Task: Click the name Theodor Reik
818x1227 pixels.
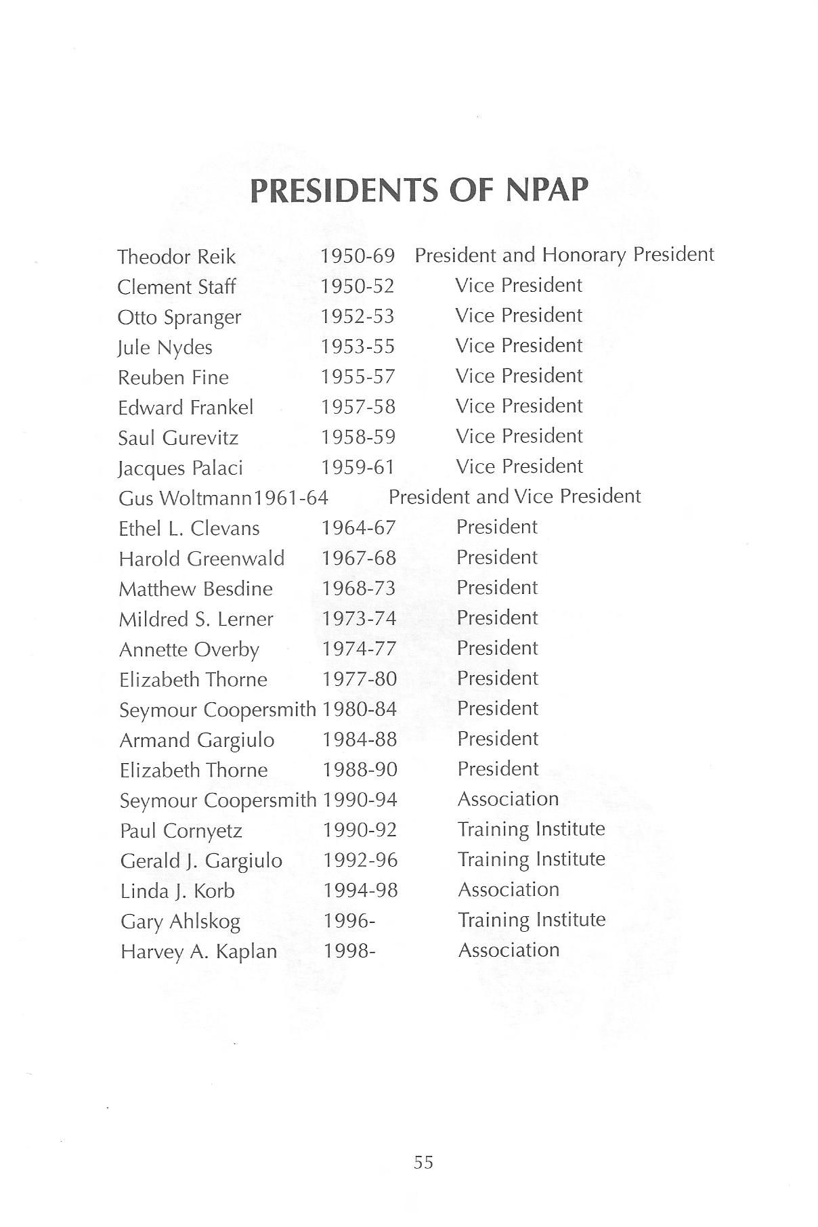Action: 177,257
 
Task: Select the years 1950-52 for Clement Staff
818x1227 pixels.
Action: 358,286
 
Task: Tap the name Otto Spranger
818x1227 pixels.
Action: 179,318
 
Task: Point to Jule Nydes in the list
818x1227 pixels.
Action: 165,347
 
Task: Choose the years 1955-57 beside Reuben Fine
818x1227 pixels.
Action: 358,376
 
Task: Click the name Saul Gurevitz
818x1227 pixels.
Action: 178,438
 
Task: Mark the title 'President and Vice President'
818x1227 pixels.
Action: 515,496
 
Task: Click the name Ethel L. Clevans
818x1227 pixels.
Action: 189,528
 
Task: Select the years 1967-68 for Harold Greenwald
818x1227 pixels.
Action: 359,558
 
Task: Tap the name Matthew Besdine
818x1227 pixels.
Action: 196,588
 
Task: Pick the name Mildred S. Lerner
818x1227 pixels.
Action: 196,619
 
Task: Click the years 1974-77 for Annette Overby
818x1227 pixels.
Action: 359,649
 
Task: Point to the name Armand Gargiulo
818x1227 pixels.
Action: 197,740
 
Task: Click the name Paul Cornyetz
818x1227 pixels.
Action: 181,831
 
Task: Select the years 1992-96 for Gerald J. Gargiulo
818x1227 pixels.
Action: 360,860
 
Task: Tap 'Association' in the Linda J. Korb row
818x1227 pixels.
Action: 509,889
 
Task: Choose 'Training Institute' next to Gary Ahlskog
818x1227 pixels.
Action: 532,920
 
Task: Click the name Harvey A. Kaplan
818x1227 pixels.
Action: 198,951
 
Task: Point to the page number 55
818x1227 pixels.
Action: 423,1162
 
